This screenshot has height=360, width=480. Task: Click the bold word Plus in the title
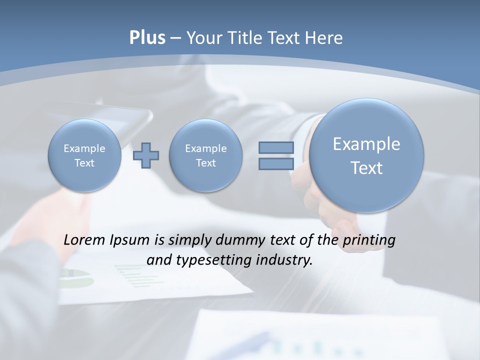click(x=147, y=38)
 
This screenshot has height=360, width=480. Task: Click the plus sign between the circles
click(x=146, y=155)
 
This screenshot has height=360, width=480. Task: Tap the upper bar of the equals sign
click(x=276, y=147)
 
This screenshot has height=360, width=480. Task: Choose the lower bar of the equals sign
click(x=276, y=164)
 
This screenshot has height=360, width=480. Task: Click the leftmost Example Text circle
click(x=84, y=155)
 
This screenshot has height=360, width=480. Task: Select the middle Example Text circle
click(x=205, y=155)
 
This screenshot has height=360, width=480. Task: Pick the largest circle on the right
click(x=366, y=155)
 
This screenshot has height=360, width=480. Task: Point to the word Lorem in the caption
click(x=84, y=240)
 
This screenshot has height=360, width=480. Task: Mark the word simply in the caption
click(x=190, y=240)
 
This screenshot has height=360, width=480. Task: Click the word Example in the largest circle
click(x=366, y=144)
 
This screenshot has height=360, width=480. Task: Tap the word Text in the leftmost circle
click(x=84, y=163)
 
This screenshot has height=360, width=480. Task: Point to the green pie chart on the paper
click(x=77, y=278)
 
